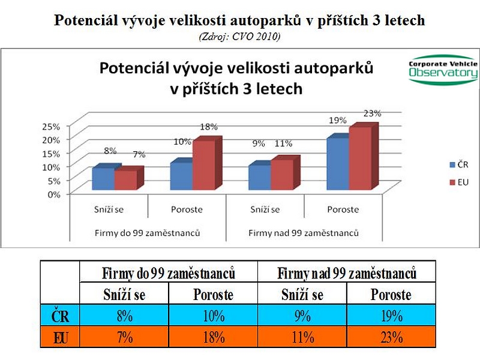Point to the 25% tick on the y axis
[52, 127]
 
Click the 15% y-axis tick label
[52, 153]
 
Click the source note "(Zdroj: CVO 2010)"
[239, 36]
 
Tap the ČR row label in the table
[60, 316]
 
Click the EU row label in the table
[60, 337]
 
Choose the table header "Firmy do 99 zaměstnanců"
[169, 274]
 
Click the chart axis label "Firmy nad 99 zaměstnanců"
[303, 232]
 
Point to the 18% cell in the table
[213, 337]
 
